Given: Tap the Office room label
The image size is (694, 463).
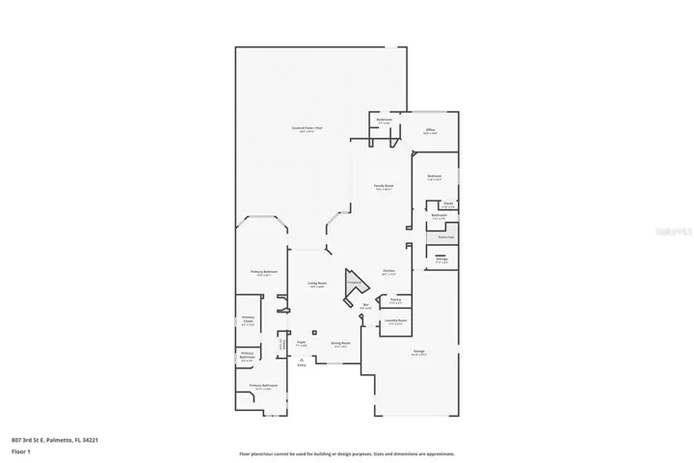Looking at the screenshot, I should click(430, 131).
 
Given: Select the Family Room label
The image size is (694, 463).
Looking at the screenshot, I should click(384, 186).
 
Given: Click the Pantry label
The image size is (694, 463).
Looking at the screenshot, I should click(395, 301).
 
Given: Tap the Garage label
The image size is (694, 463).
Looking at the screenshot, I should click(420, 353).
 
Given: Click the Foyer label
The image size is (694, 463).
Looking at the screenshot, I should click(301, 342).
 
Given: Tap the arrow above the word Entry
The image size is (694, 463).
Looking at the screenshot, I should click(301, 358).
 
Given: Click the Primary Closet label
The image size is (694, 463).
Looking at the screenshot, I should click(248, 321).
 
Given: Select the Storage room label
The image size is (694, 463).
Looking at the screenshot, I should click(441, 259).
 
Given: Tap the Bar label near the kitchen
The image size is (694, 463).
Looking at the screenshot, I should click(365, 307).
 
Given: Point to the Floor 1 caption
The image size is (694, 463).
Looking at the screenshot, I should click(20, 450).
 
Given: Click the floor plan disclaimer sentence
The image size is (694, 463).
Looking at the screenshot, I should click(347, 453).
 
